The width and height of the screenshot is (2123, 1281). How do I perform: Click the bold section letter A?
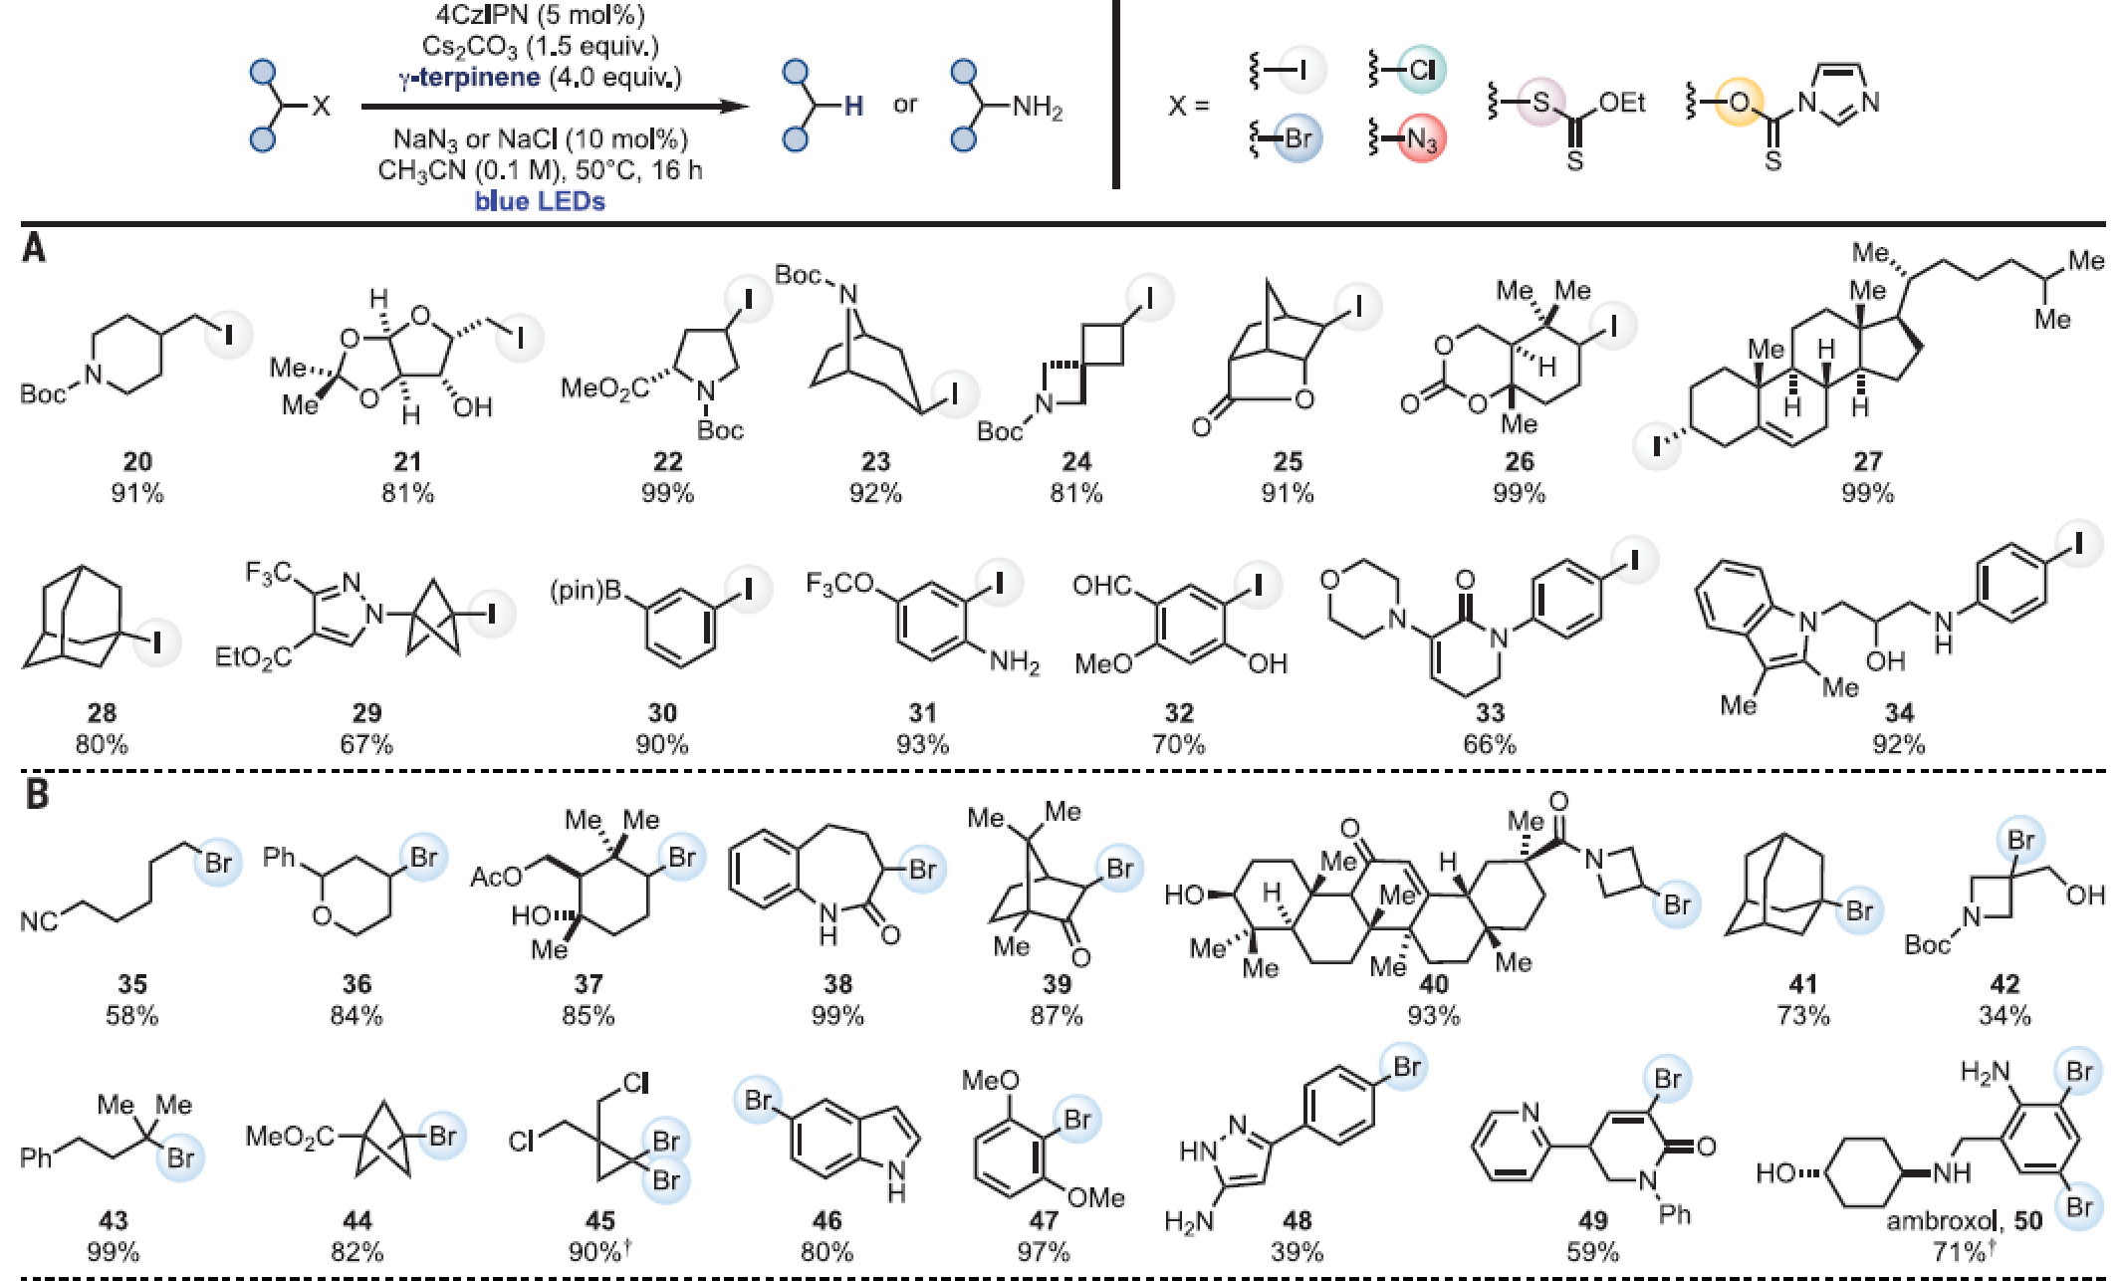(34, 248)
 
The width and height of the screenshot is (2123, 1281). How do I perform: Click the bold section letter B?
(37, 795)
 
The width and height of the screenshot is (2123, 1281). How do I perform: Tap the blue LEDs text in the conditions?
(540, 201)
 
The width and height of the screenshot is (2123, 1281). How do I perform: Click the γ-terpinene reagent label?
(470, 78)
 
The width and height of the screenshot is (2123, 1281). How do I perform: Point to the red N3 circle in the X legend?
(1421, 139)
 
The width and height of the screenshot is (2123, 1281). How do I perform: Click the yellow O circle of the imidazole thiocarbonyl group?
(1739, 103)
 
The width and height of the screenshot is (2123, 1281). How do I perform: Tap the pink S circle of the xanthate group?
(1541, 103)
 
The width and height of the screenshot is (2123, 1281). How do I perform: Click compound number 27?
(1867, 461)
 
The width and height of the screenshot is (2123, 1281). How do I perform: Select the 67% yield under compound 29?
(366, 744)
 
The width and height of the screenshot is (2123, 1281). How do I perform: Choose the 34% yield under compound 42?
(2005, 1015)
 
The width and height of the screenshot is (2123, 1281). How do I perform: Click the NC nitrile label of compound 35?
(39, 921)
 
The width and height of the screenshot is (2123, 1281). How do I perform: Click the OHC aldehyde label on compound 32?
(1102, 586)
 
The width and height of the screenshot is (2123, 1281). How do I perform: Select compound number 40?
(1433, 984)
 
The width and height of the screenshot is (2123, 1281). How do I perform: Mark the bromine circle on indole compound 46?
(759, 1101)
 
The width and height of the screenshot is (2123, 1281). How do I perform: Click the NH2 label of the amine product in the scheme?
(1038, 107)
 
